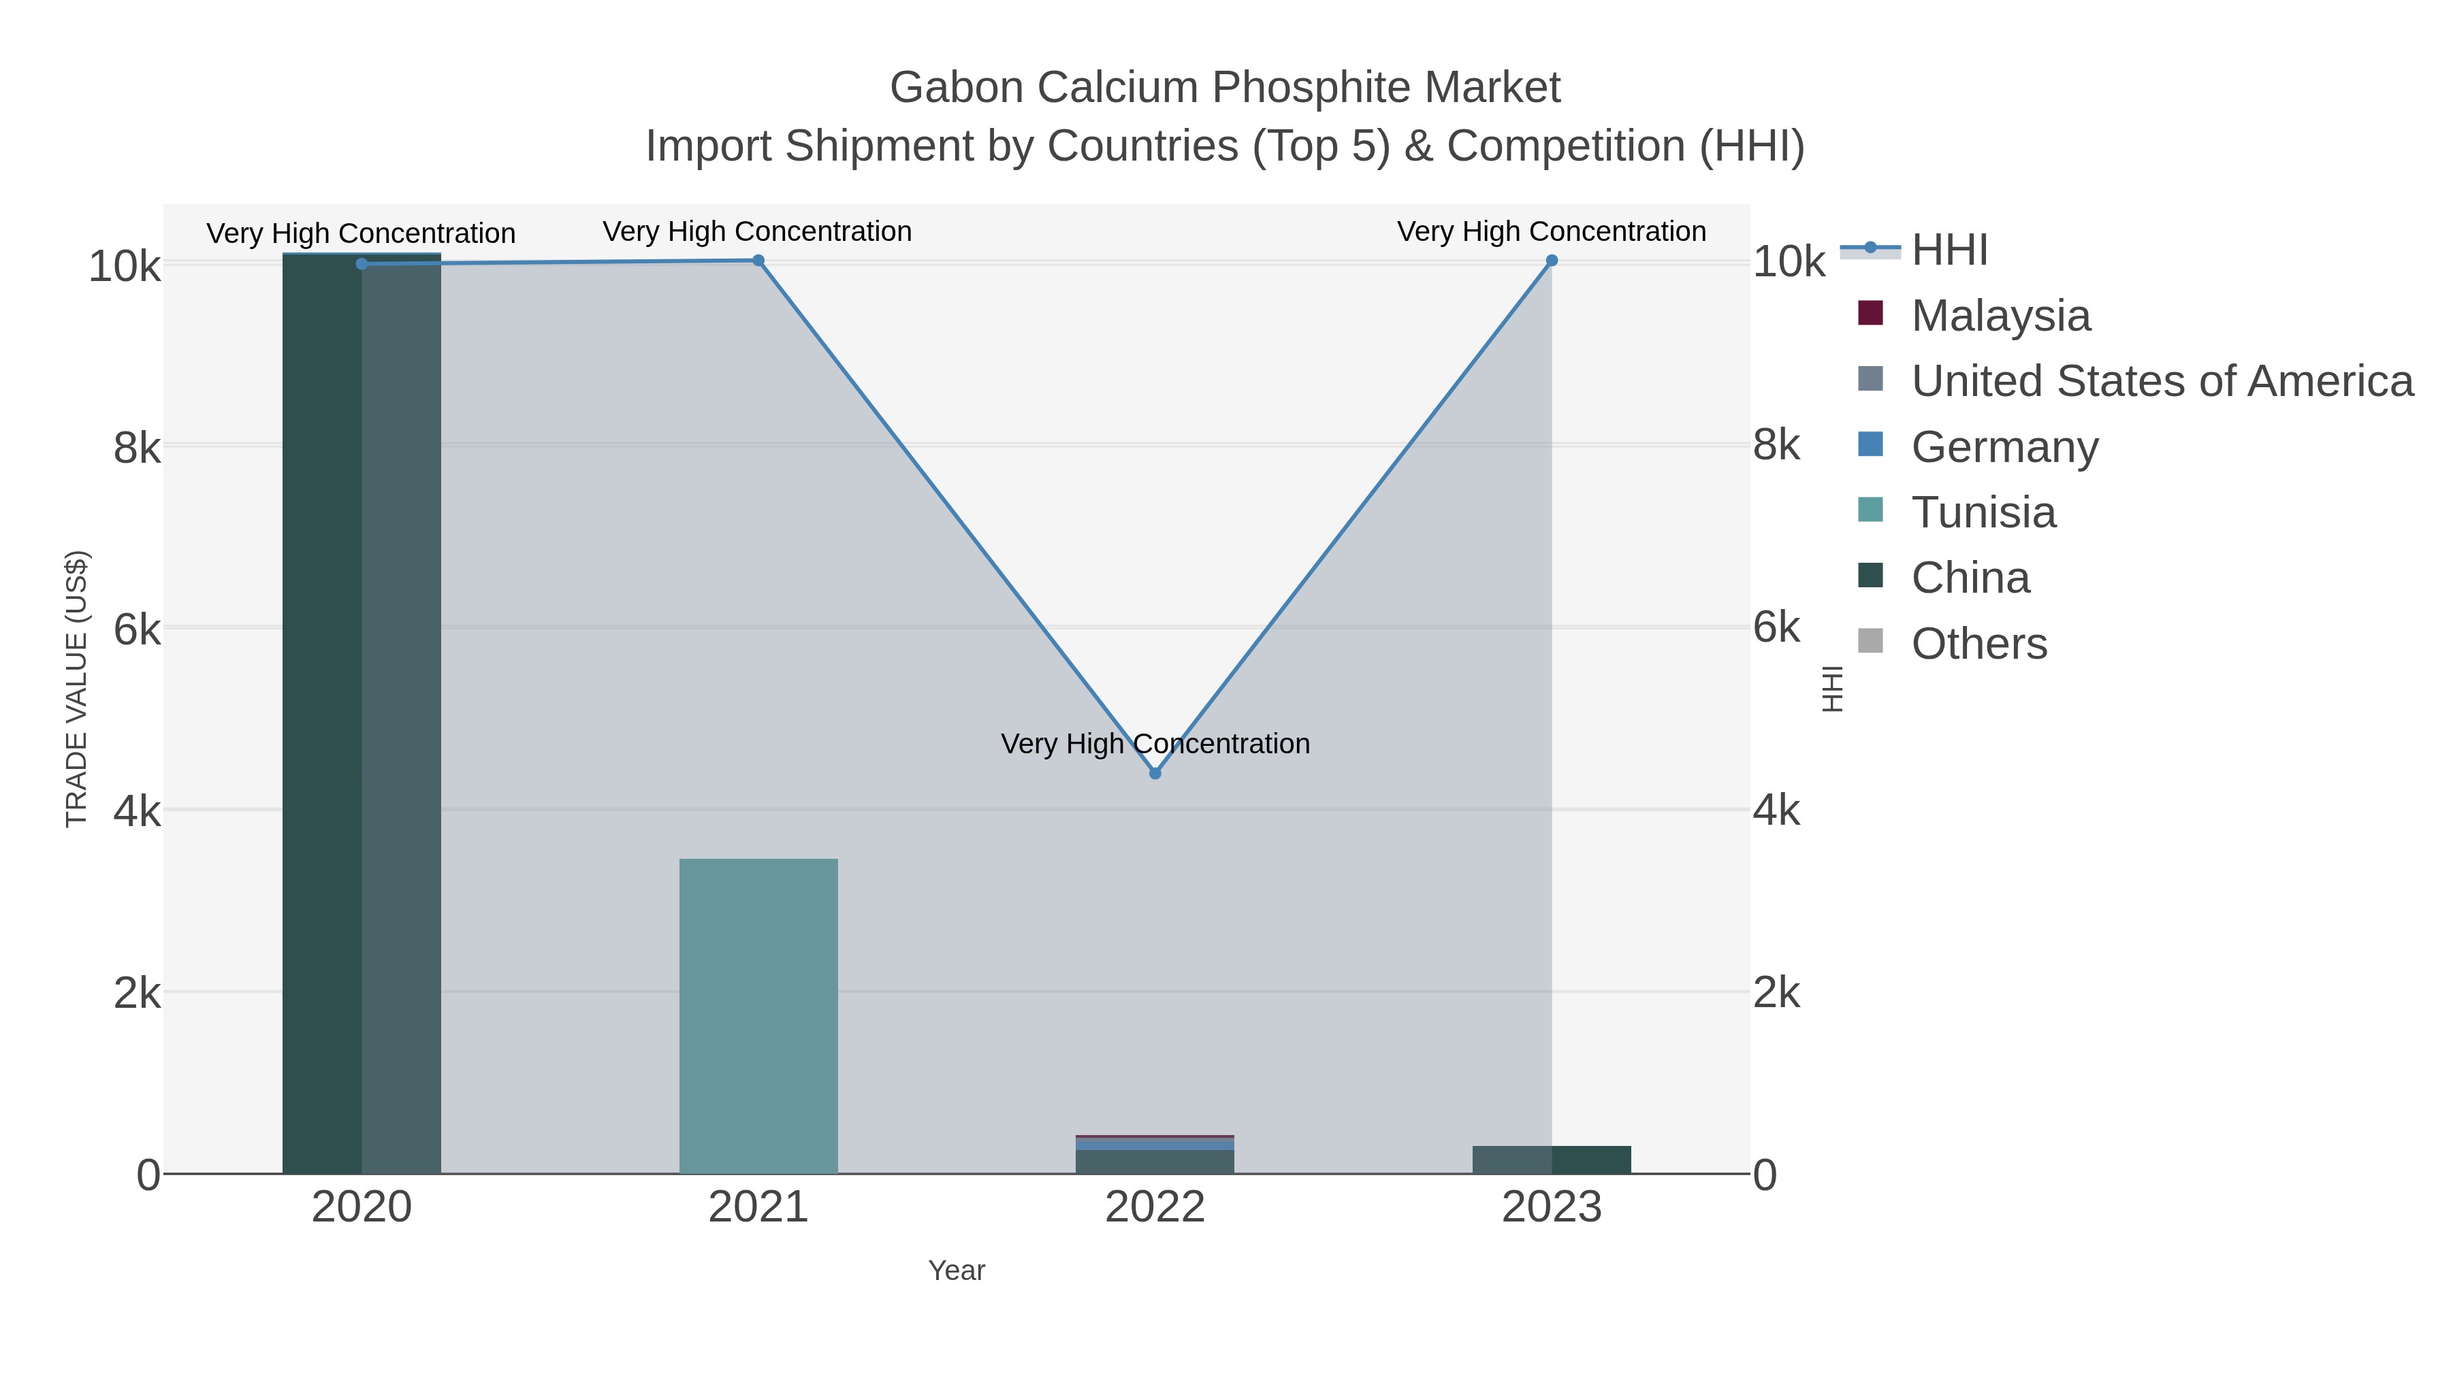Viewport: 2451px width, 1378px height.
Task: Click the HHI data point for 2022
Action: coord(1155,773)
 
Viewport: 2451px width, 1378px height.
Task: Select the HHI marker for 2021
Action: coord(758,261)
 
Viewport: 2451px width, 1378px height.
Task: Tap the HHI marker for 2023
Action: coord(1552,261)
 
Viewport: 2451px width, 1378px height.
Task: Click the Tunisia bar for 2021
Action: coord(758,1016)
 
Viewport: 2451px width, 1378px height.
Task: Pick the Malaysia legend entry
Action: coord(2000,316)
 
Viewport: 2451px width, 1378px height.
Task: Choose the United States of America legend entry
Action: coord(2162,381)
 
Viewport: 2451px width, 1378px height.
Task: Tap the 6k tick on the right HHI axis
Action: coord(1776,627)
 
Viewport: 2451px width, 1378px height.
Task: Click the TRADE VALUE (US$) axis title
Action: coord(76,689)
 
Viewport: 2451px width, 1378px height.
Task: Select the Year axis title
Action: coord(957,1270)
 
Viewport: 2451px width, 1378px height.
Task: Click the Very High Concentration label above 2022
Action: coord(1155,744)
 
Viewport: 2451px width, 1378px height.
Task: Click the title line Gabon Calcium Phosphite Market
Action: coord(1225,88)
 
